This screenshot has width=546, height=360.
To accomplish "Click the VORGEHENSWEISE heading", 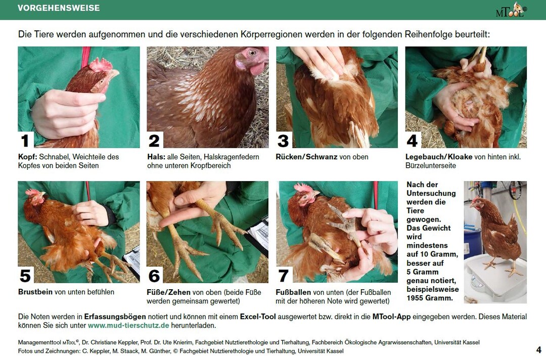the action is (x=59, y=8).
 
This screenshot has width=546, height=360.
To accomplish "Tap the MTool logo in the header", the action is (x=511, y=10).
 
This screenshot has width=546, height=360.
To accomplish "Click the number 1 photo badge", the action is (x=25, y=140).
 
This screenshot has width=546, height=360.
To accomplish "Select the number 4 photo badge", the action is (x=413, y=140).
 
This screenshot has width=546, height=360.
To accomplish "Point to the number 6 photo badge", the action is (x=154, y=275).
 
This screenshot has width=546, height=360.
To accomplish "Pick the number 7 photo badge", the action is (x=284, y=275).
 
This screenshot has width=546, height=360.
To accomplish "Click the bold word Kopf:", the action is (x=27, y=157).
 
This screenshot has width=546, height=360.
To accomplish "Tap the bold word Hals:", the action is (x=156, y=157).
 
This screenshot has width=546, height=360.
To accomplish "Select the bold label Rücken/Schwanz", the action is (x=306, y=157).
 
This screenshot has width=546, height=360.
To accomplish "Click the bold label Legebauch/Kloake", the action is (x=439, y=157).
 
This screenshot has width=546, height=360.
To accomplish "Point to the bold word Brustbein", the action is (x=35, y=292).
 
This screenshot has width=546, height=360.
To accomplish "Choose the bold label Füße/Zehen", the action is (x=168, y=292).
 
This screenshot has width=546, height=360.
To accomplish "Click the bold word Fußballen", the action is (x=293, y=292).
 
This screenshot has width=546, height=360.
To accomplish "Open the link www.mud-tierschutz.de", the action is (x=128, y=326).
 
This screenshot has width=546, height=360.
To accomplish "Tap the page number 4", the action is (x=539, y=349).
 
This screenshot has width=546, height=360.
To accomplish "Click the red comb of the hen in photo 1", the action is (x=101, y=65).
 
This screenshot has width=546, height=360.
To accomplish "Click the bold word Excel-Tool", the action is (x=258, y=317).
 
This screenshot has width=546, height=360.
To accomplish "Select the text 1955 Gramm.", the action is (x=430, y=298).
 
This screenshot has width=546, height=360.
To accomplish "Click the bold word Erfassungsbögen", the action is (x=115, y=317).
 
